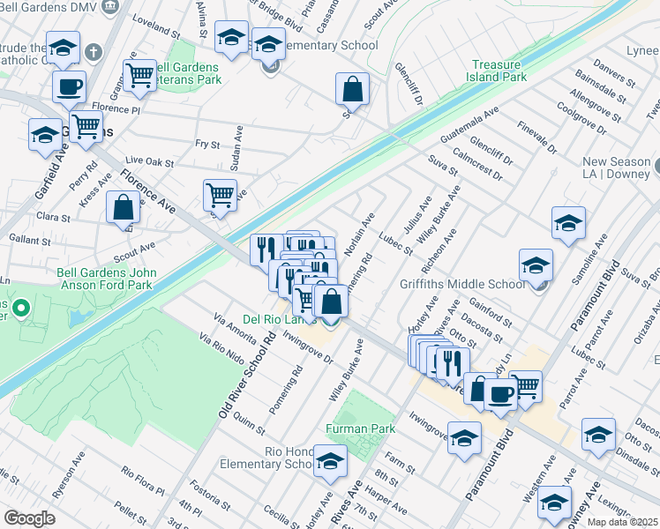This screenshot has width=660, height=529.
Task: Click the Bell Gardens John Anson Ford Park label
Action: click(x=107, y=279)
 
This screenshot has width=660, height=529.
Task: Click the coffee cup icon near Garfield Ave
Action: click(x=69, y=87)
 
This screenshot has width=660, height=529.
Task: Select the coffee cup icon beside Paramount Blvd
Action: click(x=500, y=393)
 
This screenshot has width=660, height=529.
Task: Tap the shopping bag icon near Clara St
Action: click(x=123, y=208)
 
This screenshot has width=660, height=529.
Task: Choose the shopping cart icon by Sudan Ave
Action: click(x=219, y=194)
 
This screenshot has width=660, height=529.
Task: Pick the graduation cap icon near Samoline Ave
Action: click(x=568, y=223)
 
